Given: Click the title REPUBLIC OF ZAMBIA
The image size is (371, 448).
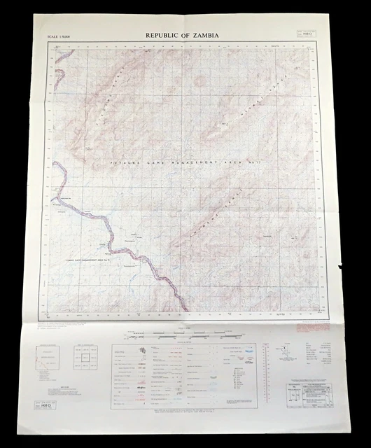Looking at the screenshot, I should tap(181, 35).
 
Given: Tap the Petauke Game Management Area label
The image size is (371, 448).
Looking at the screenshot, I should tap(176, 162).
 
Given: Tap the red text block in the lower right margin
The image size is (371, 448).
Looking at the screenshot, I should tap(311, 325).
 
